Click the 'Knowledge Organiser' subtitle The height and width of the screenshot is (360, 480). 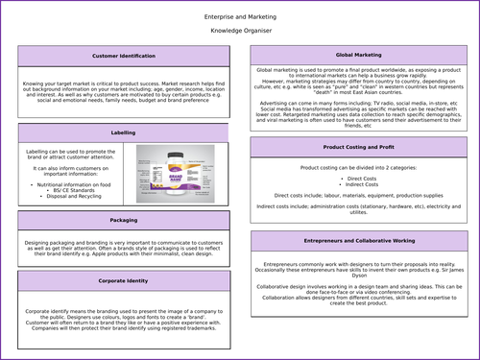[240, 31]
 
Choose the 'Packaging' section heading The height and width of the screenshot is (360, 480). [124, 220]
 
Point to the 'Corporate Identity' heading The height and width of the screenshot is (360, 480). [124, 280]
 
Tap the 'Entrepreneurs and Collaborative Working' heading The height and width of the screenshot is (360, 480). [360, 241]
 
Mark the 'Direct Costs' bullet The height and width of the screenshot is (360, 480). [361, 180]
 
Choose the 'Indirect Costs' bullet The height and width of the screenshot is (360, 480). [361, 186]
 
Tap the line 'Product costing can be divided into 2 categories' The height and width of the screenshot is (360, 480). [360, 167]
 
